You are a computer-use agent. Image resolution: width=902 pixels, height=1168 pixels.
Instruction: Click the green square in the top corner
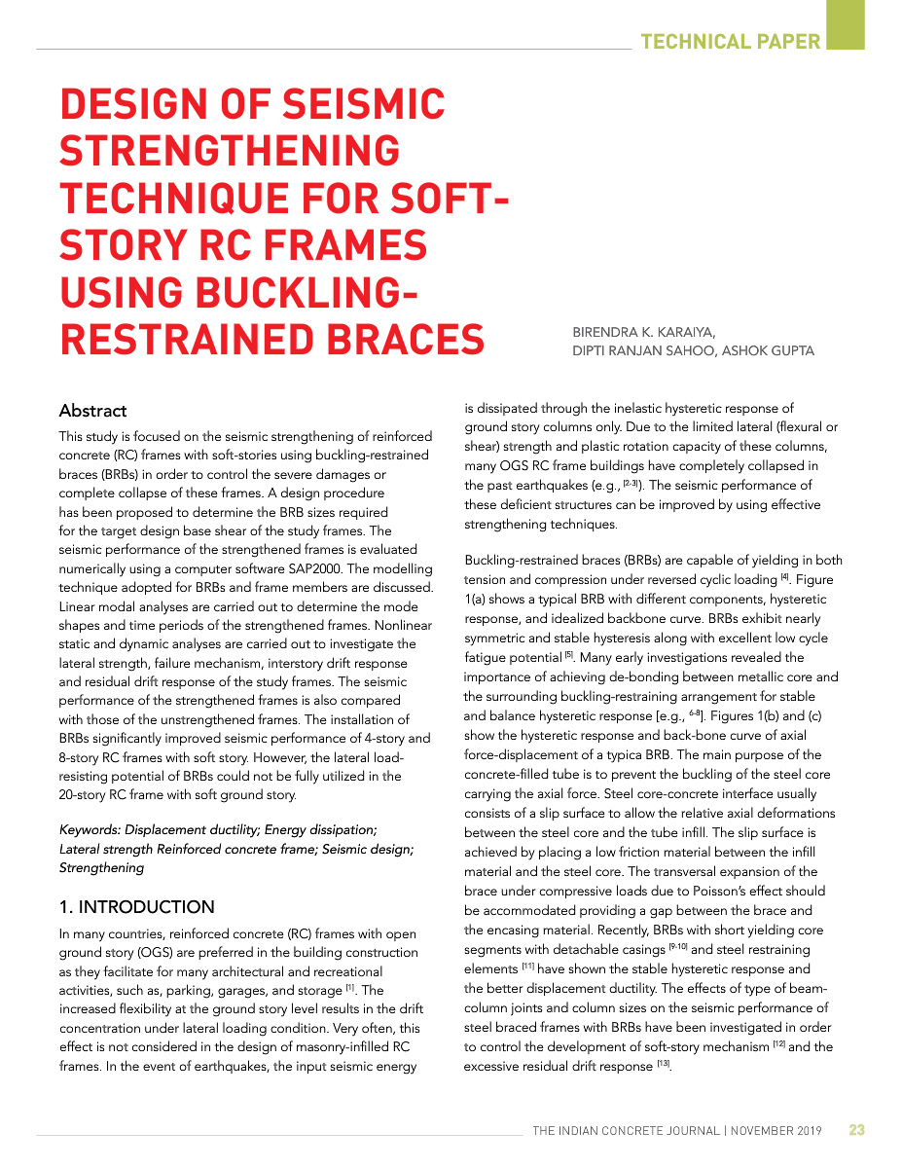point(845,23)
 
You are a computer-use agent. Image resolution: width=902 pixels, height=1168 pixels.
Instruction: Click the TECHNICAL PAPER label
point(731,41)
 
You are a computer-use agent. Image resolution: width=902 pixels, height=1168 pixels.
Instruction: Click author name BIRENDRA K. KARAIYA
point(644,332)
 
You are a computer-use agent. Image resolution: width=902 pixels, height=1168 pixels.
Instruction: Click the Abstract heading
point(92,411)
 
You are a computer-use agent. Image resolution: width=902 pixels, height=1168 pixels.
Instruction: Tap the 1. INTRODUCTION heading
point(136,907)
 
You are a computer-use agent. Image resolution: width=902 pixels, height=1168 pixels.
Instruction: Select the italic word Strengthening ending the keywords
point(99,867)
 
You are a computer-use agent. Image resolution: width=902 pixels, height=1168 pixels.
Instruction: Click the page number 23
point(856,1130)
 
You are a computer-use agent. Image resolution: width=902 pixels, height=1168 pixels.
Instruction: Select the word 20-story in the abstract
point(86,794)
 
